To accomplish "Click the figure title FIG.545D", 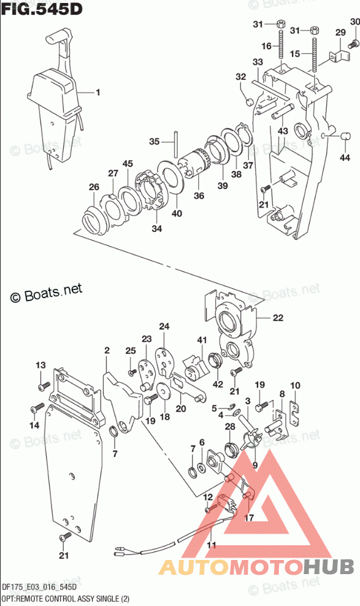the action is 42,9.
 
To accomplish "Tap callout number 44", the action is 345,157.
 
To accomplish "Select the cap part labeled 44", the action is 345,136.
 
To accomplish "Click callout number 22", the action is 278,318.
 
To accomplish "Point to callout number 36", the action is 199,196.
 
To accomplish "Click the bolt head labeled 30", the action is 353,44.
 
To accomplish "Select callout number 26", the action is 94,187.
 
